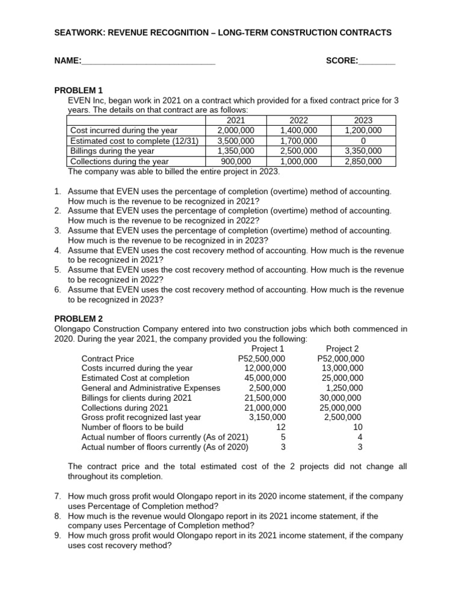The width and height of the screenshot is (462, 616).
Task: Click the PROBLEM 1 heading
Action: click(79, 90)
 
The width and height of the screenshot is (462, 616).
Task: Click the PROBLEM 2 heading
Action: click(79, 319)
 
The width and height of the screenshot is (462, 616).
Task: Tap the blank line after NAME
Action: click(148, 61)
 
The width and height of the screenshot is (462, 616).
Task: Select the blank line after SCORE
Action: click(377, 61)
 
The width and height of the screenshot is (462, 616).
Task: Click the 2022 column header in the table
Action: click(299, 120)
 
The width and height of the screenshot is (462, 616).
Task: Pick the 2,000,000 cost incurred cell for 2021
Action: click(236, 131)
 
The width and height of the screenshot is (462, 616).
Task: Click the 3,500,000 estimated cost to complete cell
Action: click(236, 141)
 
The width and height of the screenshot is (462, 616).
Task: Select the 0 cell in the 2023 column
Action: click(363, 141)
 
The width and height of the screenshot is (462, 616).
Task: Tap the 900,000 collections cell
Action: click(236, 161)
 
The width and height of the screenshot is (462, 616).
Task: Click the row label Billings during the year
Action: click(112, 151)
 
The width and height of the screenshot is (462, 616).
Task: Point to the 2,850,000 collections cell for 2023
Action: click(363, 161)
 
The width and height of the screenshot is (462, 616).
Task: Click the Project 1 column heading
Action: click(268, 349)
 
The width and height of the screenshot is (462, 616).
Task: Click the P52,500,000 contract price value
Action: click(262, 359)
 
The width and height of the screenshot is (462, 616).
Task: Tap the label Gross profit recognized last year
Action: click(141, 417)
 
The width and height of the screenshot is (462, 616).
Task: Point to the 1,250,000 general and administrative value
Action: click(343, 388)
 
